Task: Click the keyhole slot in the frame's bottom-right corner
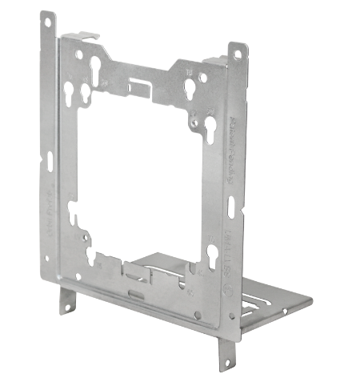pyautogui.click(x=211, y=256)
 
